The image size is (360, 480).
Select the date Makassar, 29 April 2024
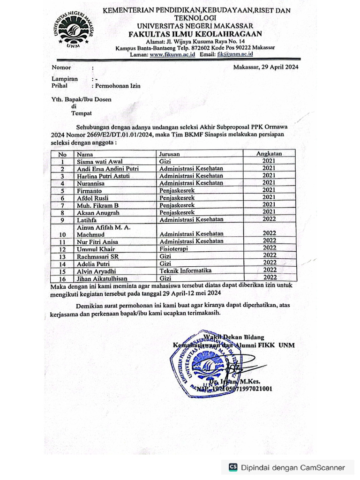266,67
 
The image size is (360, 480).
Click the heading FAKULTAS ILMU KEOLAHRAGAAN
195,34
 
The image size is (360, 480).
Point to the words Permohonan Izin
118,86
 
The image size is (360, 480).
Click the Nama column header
85,154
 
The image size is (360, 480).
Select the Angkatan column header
269,153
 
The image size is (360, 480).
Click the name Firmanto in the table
90,191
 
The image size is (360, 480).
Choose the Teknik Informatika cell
186,270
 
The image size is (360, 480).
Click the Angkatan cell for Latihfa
269,218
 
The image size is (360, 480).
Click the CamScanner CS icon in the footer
233,467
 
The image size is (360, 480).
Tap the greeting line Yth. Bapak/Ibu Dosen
82,99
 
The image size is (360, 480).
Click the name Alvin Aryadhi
97,271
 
